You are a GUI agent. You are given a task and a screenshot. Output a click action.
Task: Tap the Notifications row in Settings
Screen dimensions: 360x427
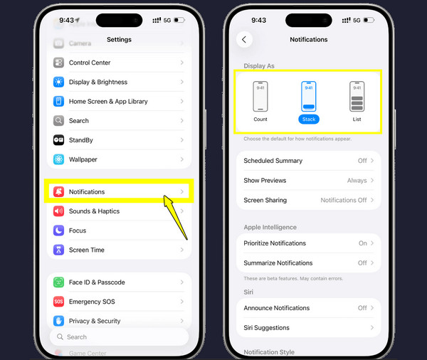tap(118, 192)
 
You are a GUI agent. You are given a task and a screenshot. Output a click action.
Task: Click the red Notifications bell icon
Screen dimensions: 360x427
tap(58, 192)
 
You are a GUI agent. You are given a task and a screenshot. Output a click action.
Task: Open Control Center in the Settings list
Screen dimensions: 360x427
tap(118, 63)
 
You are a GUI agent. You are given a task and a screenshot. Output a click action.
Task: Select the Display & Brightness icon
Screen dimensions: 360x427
tap(58, 82)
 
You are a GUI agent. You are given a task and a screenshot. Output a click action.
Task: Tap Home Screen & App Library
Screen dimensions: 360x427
tap(118, 101)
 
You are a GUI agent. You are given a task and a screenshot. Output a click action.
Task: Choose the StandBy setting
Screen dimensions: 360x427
tap(118, 140)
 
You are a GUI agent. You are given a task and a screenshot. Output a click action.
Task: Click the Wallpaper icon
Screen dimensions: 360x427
tap(58, 159)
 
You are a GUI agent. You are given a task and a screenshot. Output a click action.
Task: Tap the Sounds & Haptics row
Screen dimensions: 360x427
tap(118, 211)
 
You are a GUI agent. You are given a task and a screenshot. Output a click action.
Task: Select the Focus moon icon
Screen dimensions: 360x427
tap(58, 231)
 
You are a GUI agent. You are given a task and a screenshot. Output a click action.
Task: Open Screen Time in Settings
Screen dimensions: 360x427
tap(118, 250)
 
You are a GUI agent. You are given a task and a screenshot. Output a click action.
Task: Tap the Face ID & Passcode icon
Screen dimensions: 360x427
tap(58, 282)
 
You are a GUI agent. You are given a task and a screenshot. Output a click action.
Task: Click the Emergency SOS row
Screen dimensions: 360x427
tap(118, 302)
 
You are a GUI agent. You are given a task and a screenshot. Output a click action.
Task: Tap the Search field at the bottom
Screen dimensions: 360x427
tap(118, 337)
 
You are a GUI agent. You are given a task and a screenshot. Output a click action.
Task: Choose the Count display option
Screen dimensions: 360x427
tap(260, 100)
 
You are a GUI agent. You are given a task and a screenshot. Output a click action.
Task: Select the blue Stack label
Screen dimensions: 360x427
tap(308, 120)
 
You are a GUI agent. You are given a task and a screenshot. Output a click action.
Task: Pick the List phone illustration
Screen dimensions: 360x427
tap(357, 96)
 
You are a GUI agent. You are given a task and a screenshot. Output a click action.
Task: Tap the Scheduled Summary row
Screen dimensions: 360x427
tap(308, 161)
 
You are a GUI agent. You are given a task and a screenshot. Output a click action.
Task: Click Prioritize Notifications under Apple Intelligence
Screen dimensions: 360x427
tap(308, 243)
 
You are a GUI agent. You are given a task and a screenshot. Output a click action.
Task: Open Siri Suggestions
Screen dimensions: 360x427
tap(308, 327)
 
